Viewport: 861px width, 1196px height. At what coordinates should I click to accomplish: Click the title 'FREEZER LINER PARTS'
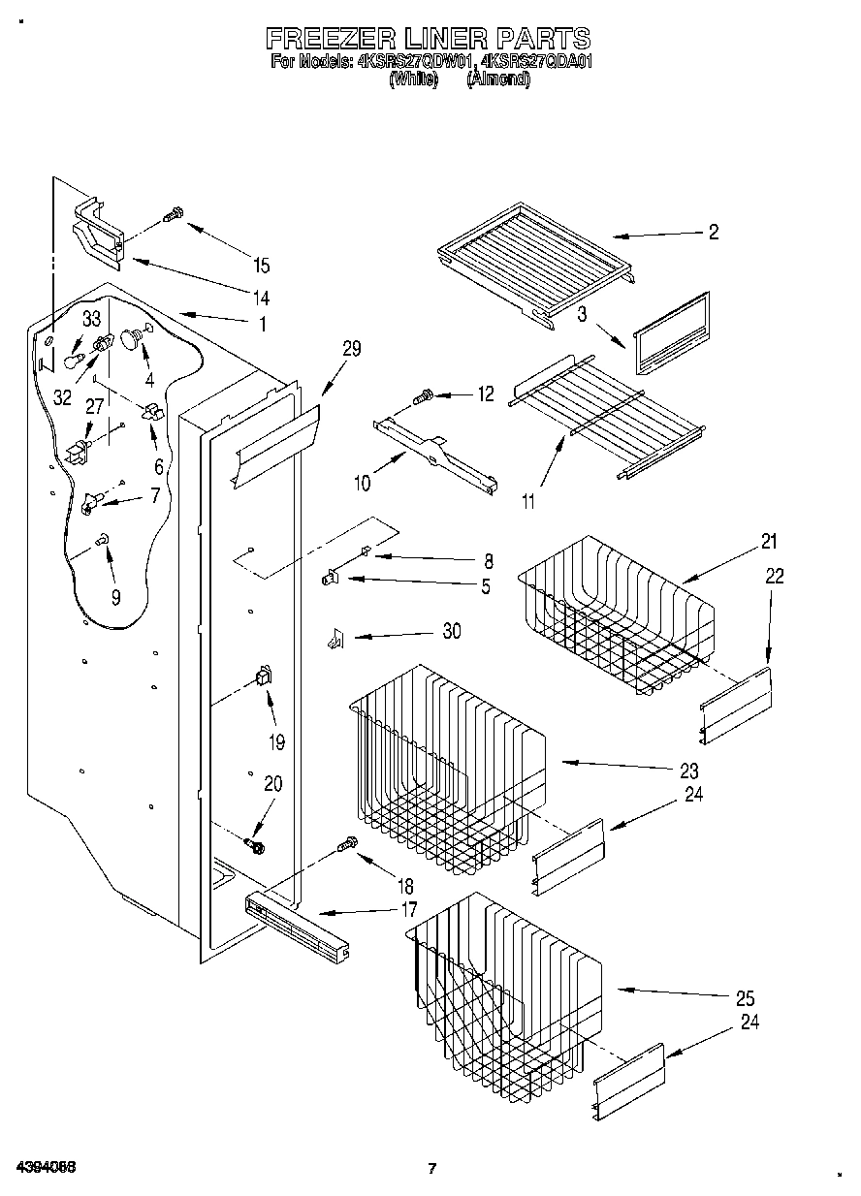click(x=428, y=38)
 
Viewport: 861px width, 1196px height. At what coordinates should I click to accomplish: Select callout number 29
click(x=351, y=350)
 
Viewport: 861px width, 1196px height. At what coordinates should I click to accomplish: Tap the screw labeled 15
click(x=175, y=215)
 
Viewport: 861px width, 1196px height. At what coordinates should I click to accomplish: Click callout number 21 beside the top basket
click(x=769, y=542)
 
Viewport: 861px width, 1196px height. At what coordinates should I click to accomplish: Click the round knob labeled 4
click(x=130, y=338)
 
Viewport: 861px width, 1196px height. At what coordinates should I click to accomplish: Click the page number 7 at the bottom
click(x=432, y=1168)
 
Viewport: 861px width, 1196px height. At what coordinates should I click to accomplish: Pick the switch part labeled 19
click(x=262, y=677)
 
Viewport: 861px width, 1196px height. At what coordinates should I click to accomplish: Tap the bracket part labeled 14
click(x=99, y=232)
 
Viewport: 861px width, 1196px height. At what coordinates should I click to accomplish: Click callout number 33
click(x=91, y=318)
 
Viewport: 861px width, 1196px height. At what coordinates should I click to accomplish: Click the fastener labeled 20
click(x=257, y=846)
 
